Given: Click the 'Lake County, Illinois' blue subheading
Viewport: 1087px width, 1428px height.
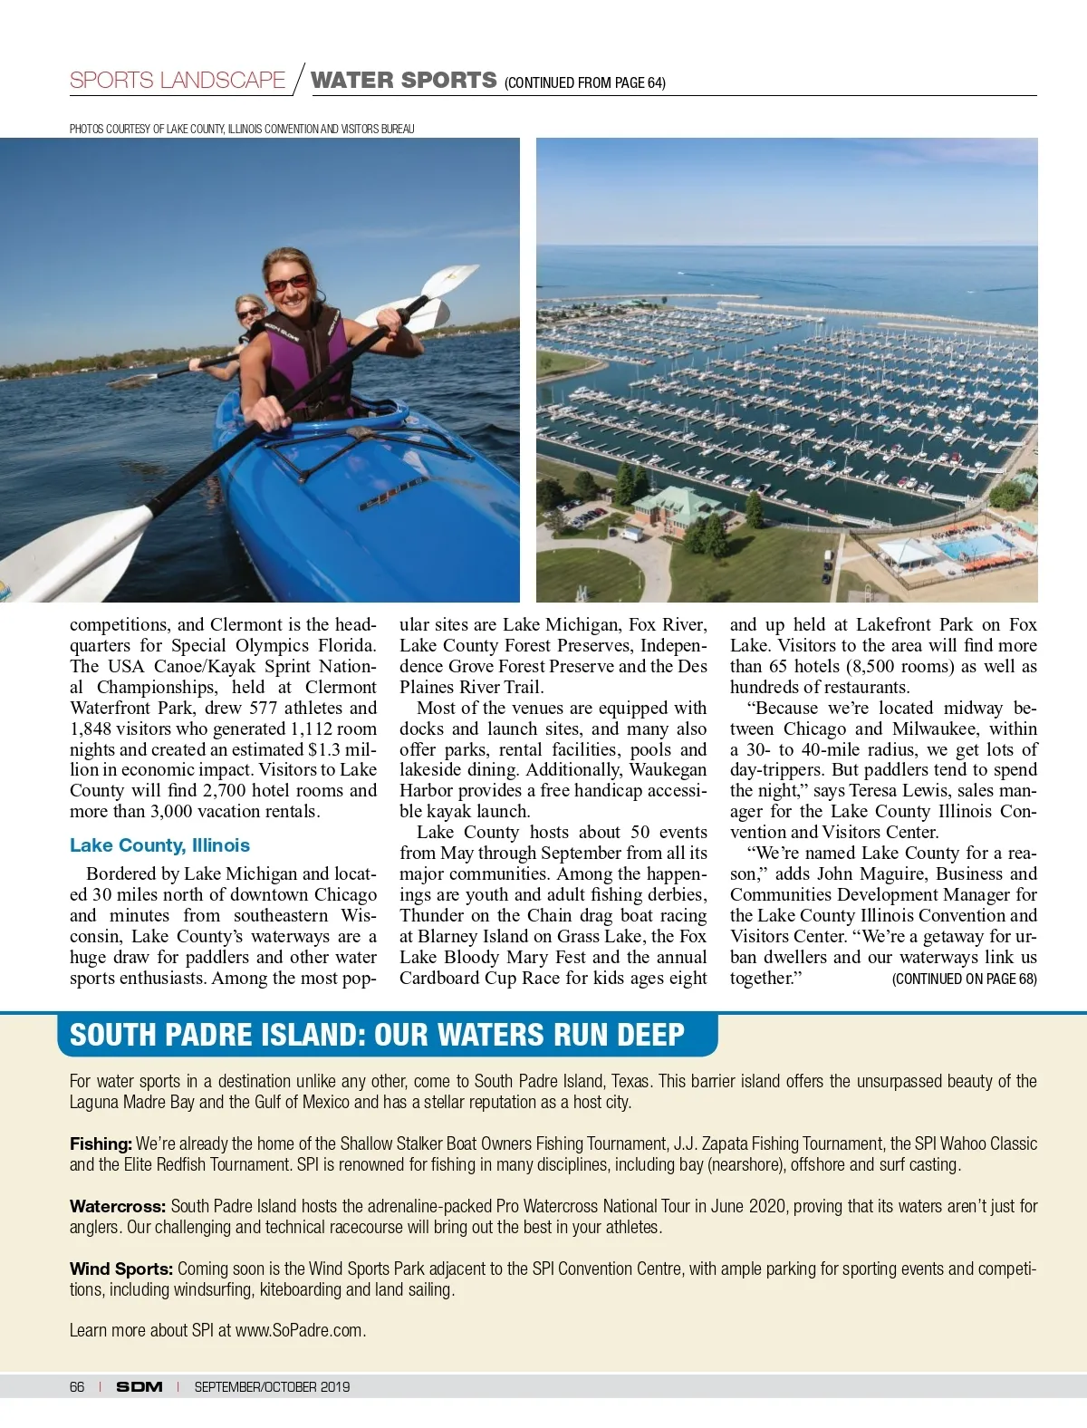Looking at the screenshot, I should point(159,845).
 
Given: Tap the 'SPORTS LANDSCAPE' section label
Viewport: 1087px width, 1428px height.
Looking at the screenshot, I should point(178,81).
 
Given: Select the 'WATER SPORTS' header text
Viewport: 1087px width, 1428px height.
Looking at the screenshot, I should point(404,81).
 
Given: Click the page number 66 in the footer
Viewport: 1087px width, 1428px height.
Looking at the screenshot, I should point(77,1387).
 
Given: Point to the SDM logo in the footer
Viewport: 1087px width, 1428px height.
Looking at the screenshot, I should point(139,1387).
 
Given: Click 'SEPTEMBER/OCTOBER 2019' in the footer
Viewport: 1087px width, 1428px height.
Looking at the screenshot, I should point(272,1387).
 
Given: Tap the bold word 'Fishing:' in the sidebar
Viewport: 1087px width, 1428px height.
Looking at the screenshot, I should point(101,1144).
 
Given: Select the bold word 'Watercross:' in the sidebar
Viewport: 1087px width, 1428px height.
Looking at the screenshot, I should point(118,1207).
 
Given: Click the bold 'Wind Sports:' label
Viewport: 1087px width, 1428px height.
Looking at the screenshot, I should point(121,1269).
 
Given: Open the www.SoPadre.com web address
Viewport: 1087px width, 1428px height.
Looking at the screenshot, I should point(299,1331).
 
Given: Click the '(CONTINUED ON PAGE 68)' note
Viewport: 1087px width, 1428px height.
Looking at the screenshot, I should point(964,979).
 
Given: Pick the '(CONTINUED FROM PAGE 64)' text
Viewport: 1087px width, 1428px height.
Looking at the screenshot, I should point(585,83).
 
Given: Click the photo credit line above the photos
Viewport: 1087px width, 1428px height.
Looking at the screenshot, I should point(242,129).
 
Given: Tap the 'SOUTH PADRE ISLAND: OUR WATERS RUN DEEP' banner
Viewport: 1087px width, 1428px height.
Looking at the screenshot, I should point(377,1036).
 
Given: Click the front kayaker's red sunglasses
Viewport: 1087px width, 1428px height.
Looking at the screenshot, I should point(288,284).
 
